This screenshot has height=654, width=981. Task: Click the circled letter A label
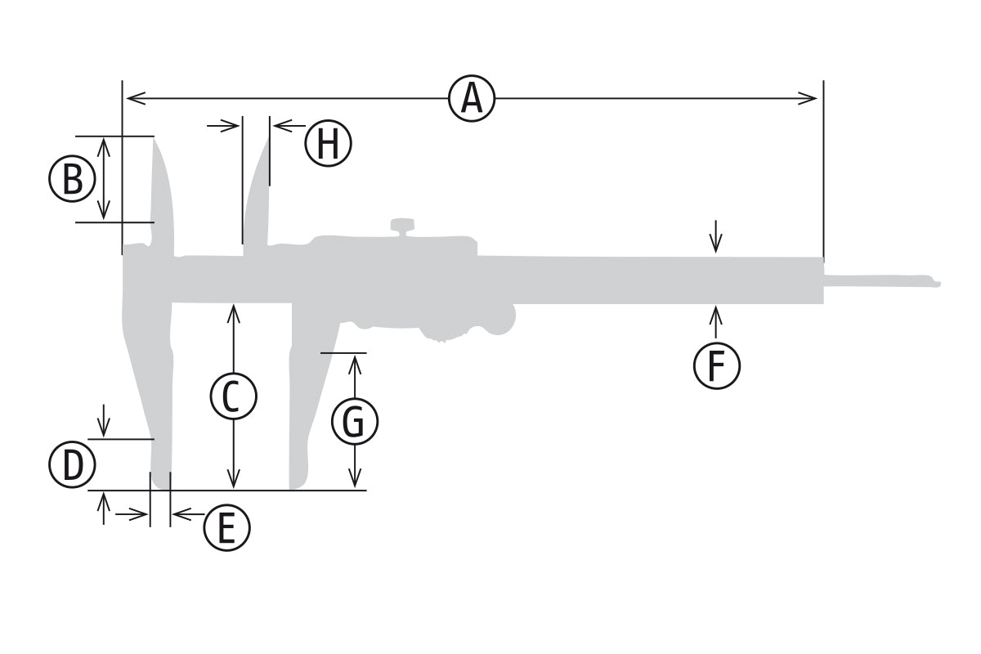point(472,99)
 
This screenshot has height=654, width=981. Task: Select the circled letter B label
point(72,180)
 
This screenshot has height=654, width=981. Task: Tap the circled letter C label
point(233,396)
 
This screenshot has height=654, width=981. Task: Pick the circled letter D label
point(72,466)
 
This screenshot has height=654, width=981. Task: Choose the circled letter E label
point(226,527)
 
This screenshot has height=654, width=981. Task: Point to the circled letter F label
point(716,365)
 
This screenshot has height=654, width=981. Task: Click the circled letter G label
point(354,423)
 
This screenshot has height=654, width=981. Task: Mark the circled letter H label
point(328,144)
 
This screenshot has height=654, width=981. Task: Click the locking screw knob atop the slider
point(401,226)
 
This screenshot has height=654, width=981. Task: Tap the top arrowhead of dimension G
point(355,361)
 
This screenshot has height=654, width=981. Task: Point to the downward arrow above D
point(104,428)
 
